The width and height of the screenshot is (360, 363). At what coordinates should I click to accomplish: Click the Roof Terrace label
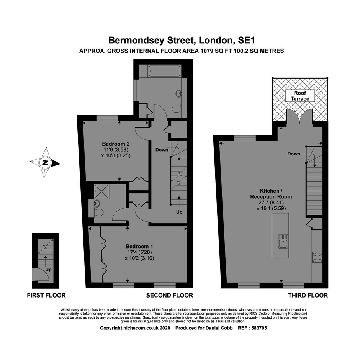[300, 96]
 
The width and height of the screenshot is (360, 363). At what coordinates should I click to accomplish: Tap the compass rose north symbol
[45, 163]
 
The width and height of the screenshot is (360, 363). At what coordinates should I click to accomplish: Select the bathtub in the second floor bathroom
[165, 71]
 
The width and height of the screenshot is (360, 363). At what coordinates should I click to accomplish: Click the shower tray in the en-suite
[102, 191]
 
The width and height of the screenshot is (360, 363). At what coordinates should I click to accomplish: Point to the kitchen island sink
[283, 241]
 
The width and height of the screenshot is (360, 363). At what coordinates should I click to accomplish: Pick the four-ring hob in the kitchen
[317, 257]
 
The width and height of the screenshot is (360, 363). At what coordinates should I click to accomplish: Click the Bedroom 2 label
[116, 144]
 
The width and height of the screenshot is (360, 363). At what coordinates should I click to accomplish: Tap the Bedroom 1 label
[139, 246]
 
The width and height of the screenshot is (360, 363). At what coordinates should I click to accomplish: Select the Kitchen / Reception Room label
[271, 194]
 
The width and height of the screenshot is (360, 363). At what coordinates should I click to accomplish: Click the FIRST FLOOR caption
[46, 295]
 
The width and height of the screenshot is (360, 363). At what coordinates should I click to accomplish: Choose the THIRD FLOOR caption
[308, 295]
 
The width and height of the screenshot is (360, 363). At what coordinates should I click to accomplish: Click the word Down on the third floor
[294, 154]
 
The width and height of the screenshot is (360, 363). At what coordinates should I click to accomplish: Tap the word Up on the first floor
[48, 270]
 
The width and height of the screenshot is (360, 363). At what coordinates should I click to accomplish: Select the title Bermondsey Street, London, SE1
[182, 40]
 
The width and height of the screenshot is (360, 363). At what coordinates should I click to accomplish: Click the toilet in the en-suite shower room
[98, 213]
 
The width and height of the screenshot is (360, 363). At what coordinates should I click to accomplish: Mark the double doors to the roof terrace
[300, 116]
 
